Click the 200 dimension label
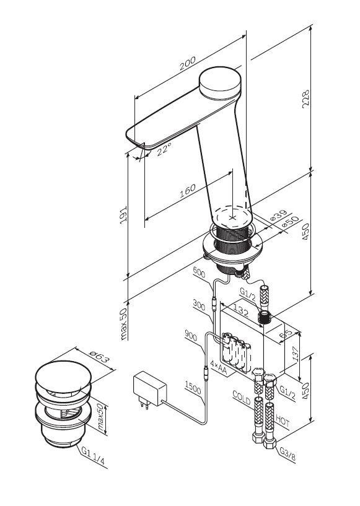[x=188, y=64]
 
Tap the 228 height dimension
[x=305, y=99]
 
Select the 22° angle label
[x=164, y=149]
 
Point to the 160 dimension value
[x=188, y=191]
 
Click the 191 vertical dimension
[x=123, y=215]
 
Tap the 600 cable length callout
[x=199, y=273]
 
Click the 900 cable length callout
[x=191, y=336]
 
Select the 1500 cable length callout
[x=193, y=387]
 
